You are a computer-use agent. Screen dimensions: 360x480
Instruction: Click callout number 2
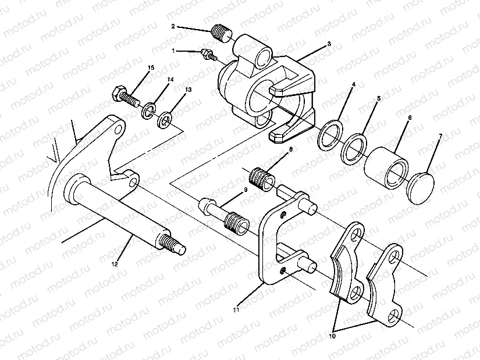[x=173, y=26]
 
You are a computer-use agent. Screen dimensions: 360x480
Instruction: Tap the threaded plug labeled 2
[x=221, y=31]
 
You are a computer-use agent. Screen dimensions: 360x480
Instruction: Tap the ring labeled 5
[x=354, y=148]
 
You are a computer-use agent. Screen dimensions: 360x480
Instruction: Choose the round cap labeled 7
[x=421, y=184]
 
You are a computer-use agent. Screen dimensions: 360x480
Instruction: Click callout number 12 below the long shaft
[x=115, y=264]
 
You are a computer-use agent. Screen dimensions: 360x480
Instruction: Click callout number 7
[x=440, y=136]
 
